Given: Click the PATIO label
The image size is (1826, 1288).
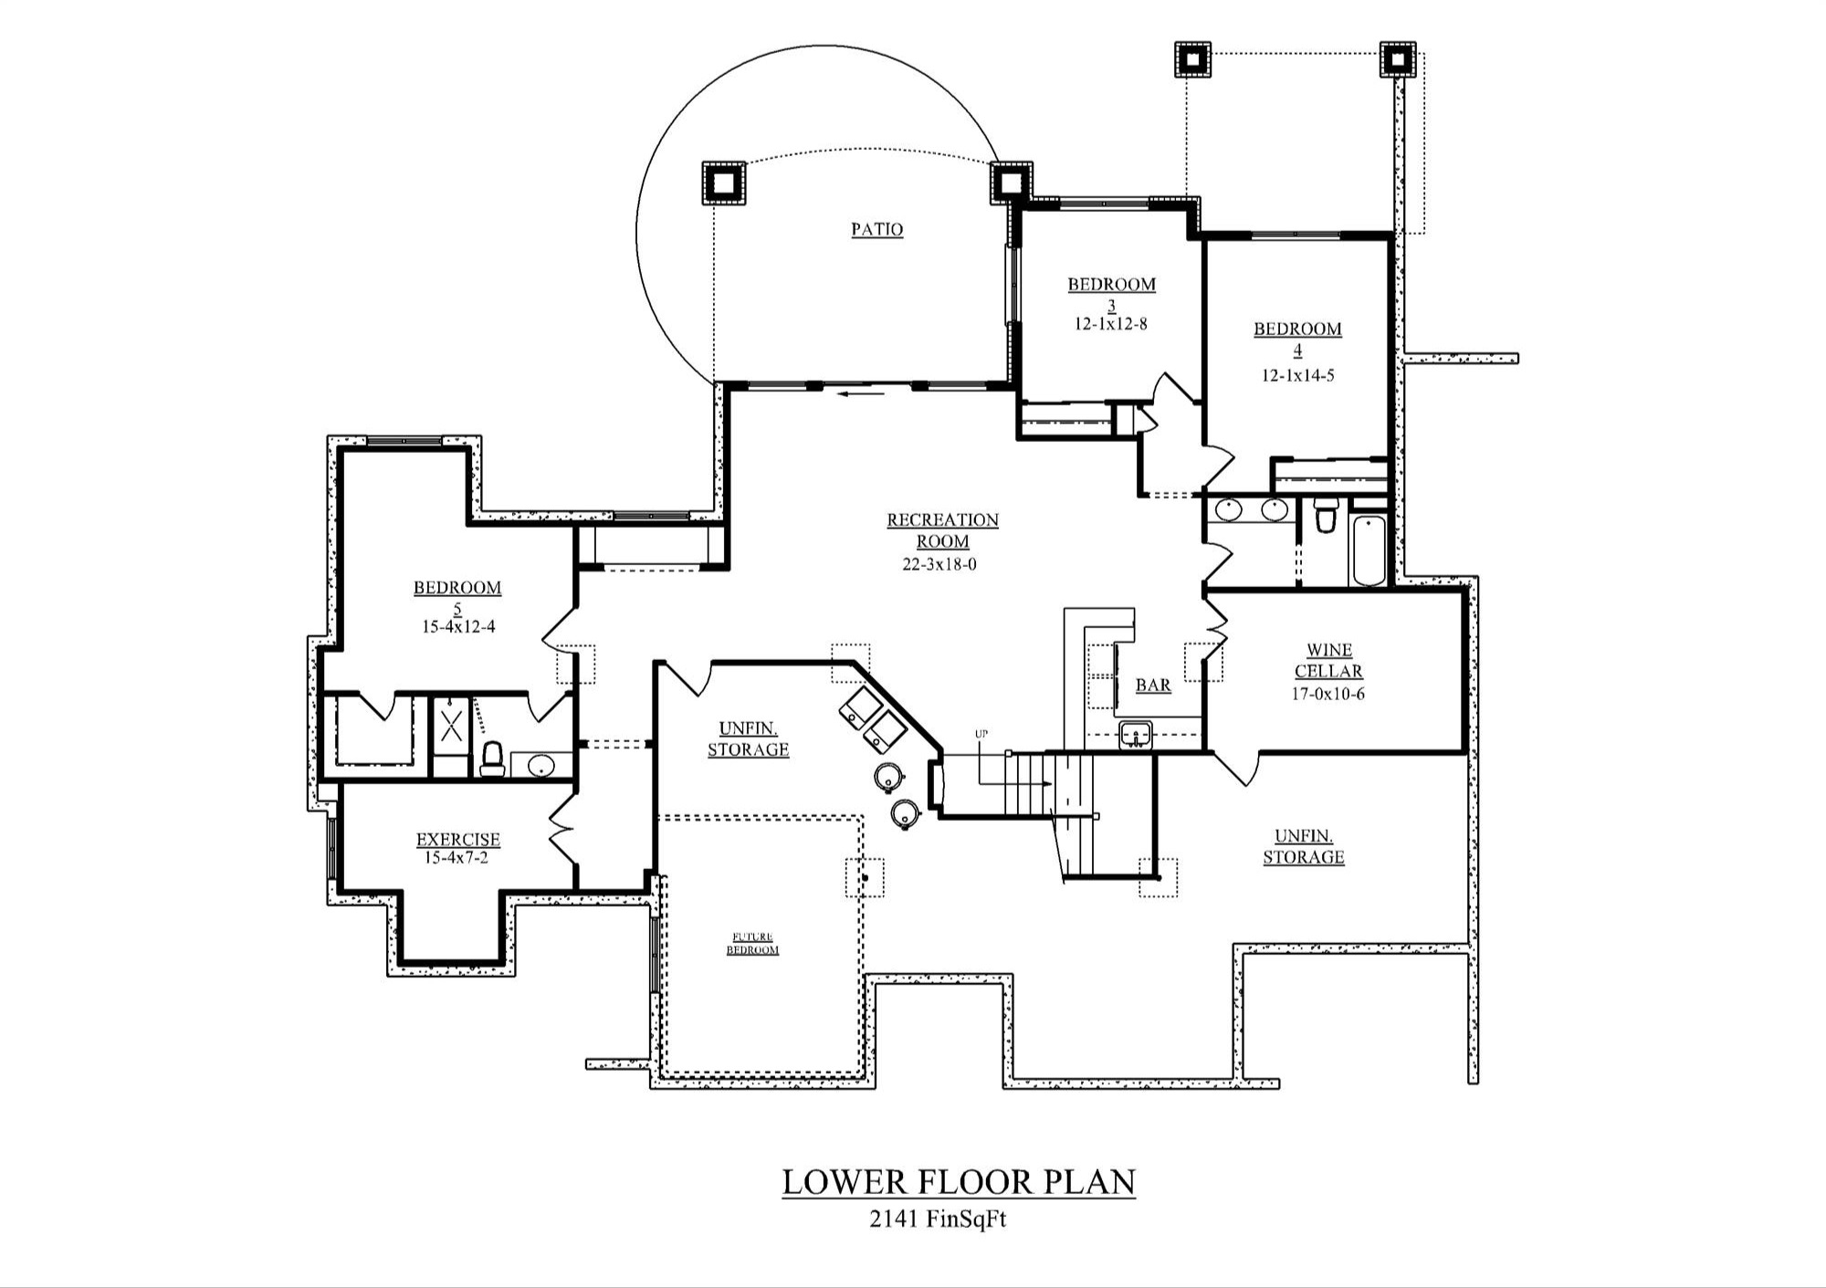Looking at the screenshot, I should (x=877, y=229).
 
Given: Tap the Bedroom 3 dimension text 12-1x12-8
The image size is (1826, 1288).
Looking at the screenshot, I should (x=1110, y=324).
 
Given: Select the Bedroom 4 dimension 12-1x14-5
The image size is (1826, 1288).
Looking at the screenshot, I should (x=1297, y=375).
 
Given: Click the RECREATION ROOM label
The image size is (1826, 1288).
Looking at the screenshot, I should (x=942, y=530).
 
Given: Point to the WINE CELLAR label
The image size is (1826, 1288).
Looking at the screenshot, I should (x=1328, y=660).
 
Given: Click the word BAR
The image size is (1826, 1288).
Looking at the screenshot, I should (x=1153, y=686).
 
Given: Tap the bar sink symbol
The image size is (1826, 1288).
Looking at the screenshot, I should (x=1135, y=735).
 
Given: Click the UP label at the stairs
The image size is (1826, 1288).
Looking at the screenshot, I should (x=981, y=734).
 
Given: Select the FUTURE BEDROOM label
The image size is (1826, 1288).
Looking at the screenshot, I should (x=752, y=943).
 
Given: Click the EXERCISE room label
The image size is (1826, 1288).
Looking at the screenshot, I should (x=458, y=839).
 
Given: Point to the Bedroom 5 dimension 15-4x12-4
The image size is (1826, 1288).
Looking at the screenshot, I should (x=458, y=627).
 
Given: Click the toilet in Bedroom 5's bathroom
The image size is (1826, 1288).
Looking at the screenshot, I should (x=492, y=759).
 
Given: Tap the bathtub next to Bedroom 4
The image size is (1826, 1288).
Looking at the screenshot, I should (x=1369, y=550).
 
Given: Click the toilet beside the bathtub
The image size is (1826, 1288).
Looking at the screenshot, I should (x=1326, y=517).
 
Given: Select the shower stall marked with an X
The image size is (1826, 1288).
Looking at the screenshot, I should (x=451, y=727).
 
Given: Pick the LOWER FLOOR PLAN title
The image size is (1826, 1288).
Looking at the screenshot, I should (x=959, y=1182).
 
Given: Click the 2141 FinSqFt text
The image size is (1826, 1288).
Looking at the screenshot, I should (x=938, y=1219).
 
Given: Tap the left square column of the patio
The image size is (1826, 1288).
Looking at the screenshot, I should (x=723, y=183).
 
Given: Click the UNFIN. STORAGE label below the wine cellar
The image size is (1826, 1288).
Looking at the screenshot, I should (x=1303, y=846).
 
